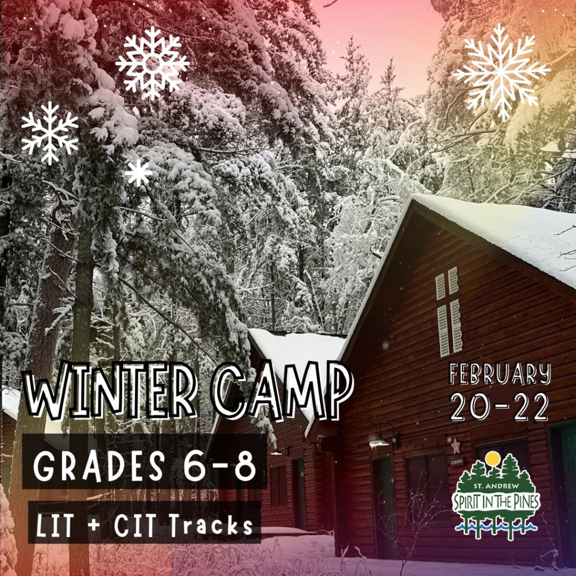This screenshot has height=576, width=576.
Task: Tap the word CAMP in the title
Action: (x=283, y=390)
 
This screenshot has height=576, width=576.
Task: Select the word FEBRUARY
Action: (x=500, y=374)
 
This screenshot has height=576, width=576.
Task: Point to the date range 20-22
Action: (x=499, y=407)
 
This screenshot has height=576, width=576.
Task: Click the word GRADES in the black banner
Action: (x=99, y=465)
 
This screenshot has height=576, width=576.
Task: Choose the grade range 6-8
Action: (x=220, y=465)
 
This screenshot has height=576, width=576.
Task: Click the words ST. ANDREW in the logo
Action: (x=496, y=487)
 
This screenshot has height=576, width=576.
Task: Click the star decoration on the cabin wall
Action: (x=456, y=446)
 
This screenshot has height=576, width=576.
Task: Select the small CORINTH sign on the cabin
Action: (x=457, y=462)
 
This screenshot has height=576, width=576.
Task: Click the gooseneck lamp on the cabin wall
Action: (x=384, y=437)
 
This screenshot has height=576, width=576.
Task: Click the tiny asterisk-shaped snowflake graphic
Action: (x=138, y=173)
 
